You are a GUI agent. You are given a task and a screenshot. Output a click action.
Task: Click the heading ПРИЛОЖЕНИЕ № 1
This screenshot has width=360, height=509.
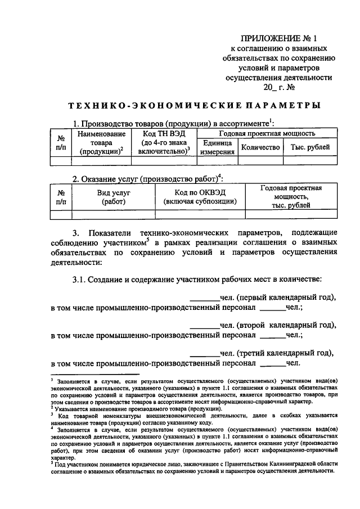[279, 39]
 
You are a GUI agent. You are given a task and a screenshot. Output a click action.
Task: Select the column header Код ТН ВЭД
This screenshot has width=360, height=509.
[164, 134]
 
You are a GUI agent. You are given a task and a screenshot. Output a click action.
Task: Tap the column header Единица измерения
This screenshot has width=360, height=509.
[218, 147]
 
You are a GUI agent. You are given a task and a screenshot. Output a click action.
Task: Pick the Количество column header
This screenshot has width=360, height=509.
[260, 147]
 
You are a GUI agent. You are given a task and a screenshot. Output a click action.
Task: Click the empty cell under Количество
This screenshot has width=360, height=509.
[260, 161]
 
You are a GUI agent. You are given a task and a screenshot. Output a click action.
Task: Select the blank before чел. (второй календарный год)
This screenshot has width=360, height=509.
[204, 326]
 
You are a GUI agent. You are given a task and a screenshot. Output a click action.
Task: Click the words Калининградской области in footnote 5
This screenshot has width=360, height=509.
[301, 463]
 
